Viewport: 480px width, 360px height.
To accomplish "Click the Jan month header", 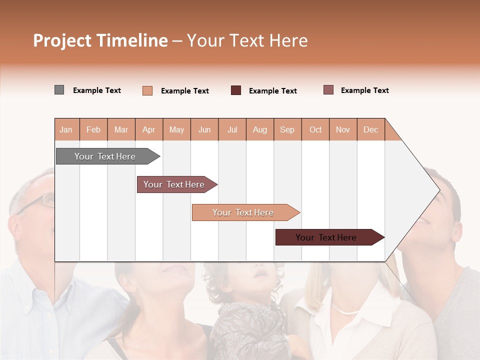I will (x=66, y=129).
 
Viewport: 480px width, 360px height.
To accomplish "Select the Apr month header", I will (x=149, y=129).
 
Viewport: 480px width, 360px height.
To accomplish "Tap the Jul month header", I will (x=232, y=129).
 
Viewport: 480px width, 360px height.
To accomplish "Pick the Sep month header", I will (x=287, y=129).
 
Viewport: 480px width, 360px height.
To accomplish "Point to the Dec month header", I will (x=370, y=129).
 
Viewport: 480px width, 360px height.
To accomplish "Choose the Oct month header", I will (x=315, y=129).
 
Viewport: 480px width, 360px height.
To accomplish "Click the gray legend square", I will (x=59, y=90).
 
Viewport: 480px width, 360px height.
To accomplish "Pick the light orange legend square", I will (x=147, y=90).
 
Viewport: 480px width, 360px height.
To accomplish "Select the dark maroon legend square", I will (x=236, y=90).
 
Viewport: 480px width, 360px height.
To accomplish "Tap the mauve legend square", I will (x=328, y=90).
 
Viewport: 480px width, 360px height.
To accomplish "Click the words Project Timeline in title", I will (x=100, y=40).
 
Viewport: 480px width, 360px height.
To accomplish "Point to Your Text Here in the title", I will (x=247, y=40).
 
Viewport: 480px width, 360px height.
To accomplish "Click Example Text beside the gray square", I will (x=97, y=90).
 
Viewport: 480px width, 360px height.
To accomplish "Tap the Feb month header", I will (x=93, y=129).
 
